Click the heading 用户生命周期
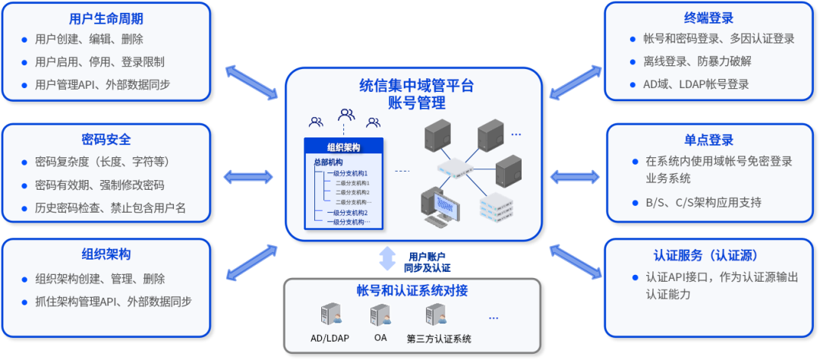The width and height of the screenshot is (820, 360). [x=106, y=18]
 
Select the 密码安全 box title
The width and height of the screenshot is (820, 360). [x=106, y=140]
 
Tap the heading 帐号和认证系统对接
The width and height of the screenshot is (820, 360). [x=412, y=291]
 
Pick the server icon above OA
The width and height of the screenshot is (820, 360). [x=381, y=314]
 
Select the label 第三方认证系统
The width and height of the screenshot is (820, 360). [x=439, y=339]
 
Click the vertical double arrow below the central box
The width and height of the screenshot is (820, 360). [x=388, y=258]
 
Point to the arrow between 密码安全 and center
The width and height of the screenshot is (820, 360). [x=249, y=177]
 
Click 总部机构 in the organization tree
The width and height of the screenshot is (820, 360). [x=328, y=163]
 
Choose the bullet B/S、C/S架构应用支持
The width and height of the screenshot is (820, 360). [x=703, y=202]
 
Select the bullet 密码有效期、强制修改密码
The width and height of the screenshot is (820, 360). [x=99, y=185]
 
